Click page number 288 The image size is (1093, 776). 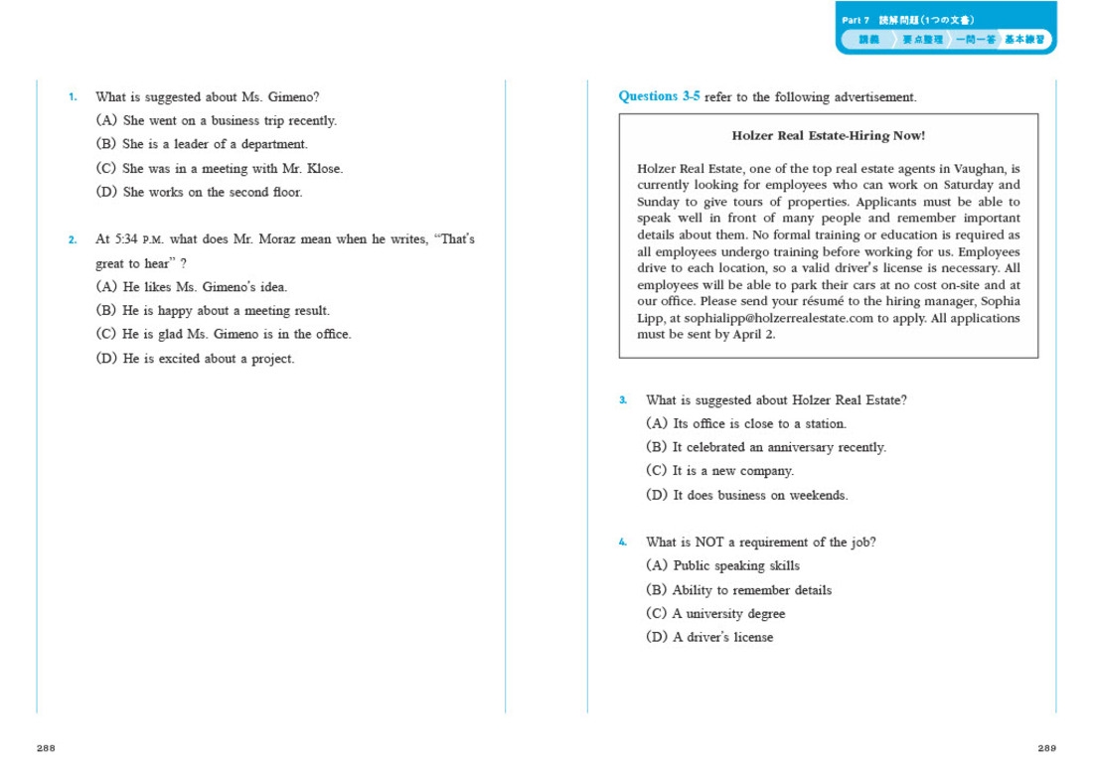coord(46,748)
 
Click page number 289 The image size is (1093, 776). coord(1046,748)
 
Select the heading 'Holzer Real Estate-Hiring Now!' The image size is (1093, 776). coord(828,136)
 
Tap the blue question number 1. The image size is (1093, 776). coord(73,97)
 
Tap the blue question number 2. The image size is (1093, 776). coord(73,239)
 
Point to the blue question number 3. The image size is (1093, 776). coord(623,400)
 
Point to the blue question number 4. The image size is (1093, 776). coord(623,543)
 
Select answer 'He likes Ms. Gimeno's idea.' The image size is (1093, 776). coord(204,287)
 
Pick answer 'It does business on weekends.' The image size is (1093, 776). coord(759,495)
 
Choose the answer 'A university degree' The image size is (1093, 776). coord(727,614)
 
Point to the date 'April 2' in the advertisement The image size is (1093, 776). coord(756,335)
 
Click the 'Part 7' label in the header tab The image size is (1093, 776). coord(856,20)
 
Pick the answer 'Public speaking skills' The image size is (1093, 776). coord(735,566)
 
